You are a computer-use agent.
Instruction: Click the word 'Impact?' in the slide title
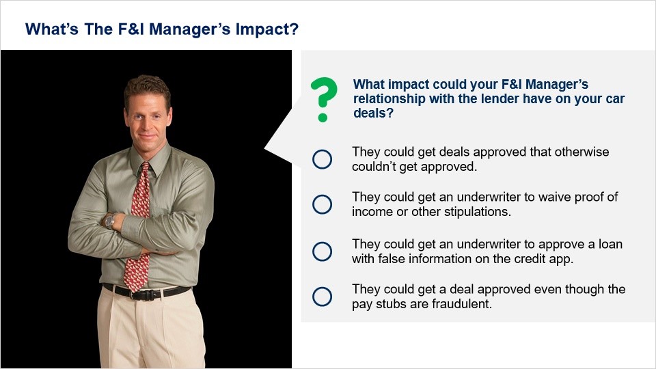point(267,29)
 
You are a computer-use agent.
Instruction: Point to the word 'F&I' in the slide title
point(131,29)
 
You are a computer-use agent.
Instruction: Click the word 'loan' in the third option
point(610,244)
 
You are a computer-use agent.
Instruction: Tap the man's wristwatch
point(110,221)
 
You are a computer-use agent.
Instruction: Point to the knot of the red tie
point(145,167)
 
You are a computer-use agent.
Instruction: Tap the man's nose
point(148,120)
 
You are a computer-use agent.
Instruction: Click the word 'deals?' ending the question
point(374,113)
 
